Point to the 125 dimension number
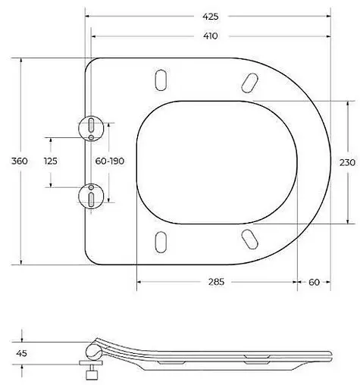(52, 161)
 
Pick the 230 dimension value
(346, 161)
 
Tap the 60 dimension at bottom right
(314, 282)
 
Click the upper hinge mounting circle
(91, 127)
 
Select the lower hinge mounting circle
(91, 196)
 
